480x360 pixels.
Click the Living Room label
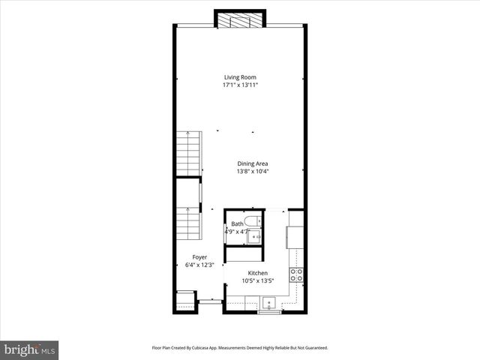(241, 76)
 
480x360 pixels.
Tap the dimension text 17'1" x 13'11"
(241, 85)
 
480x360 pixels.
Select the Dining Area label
(253, 163)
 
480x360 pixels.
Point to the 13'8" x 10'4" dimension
(253, 171)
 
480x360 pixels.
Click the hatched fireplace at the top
(240, 20)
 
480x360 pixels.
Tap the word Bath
(237, 223)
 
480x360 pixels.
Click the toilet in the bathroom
(253, 220)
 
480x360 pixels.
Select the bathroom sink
(254, 236)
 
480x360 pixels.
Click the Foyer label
(199, 257)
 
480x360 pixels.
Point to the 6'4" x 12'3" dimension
(199, 265)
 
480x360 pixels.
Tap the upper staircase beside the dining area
(189, 153)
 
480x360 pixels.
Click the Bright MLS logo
(30, 349)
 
